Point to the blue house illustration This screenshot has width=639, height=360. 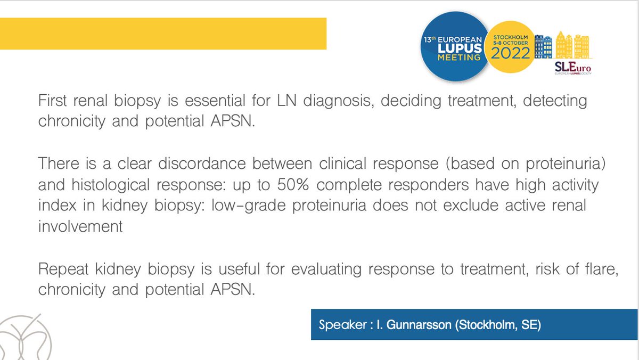pos(544,47)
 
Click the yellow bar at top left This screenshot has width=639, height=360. pos(162,34)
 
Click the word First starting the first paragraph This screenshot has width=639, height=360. pos(55,101)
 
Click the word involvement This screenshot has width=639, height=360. pos(80,226)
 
